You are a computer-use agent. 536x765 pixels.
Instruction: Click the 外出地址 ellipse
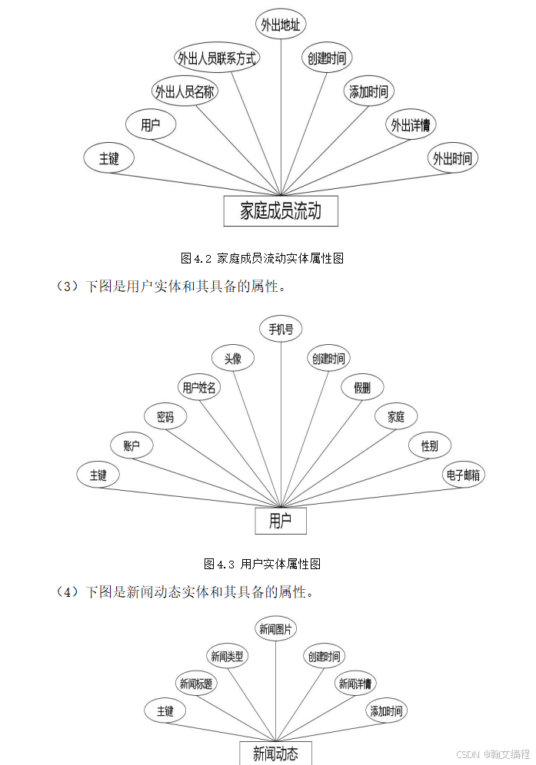[281, 24]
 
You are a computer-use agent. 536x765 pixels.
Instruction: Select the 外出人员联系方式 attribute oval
[217, 58]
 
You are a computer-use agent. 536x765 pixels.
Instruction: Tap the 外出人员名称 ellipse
[185, 92]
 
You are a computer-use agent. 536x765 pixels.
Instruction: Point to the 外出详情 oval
[410, 124]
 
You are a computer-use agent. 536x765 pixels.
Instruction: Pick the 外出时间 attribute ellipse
[452, 159]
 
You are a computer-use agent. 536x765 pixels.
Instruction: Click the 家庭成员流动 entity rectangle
[281, 211]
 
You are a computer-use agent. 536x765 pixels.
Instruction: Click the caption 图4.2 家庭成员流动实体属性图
[261, 258]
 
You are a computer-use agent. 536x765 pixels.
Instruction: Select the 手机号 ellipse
[281, 330]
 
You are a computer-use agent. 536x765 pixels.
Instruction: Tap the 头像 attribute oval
[233, 358]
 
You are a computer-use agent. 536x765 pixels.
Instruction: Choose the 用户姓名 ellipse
[198, 387]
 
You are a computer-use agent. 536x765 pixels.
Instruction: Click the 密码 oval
[165, 417]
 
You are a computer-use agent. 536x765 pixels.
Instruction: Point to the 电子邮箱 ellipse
[464, 475]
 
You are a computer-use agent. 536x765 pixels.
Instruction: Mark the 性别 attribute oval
[430, 445]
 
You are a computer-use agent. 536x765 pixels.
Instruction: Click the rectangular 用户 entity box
[281, 521]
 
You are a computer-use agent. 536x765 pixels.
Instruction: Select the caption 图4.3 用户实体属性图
[261, 564]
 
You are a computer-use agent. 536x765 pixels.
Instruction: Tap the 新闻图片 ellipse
[275, 631]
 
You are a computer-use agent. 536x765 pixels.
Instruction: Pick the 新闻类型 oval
[228, 656]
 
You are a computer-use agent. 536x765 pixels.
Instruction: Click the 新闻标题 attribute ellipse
[196, 684]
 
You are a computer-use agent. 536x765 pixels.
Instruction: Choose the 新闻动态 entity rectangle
[275, 752]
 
